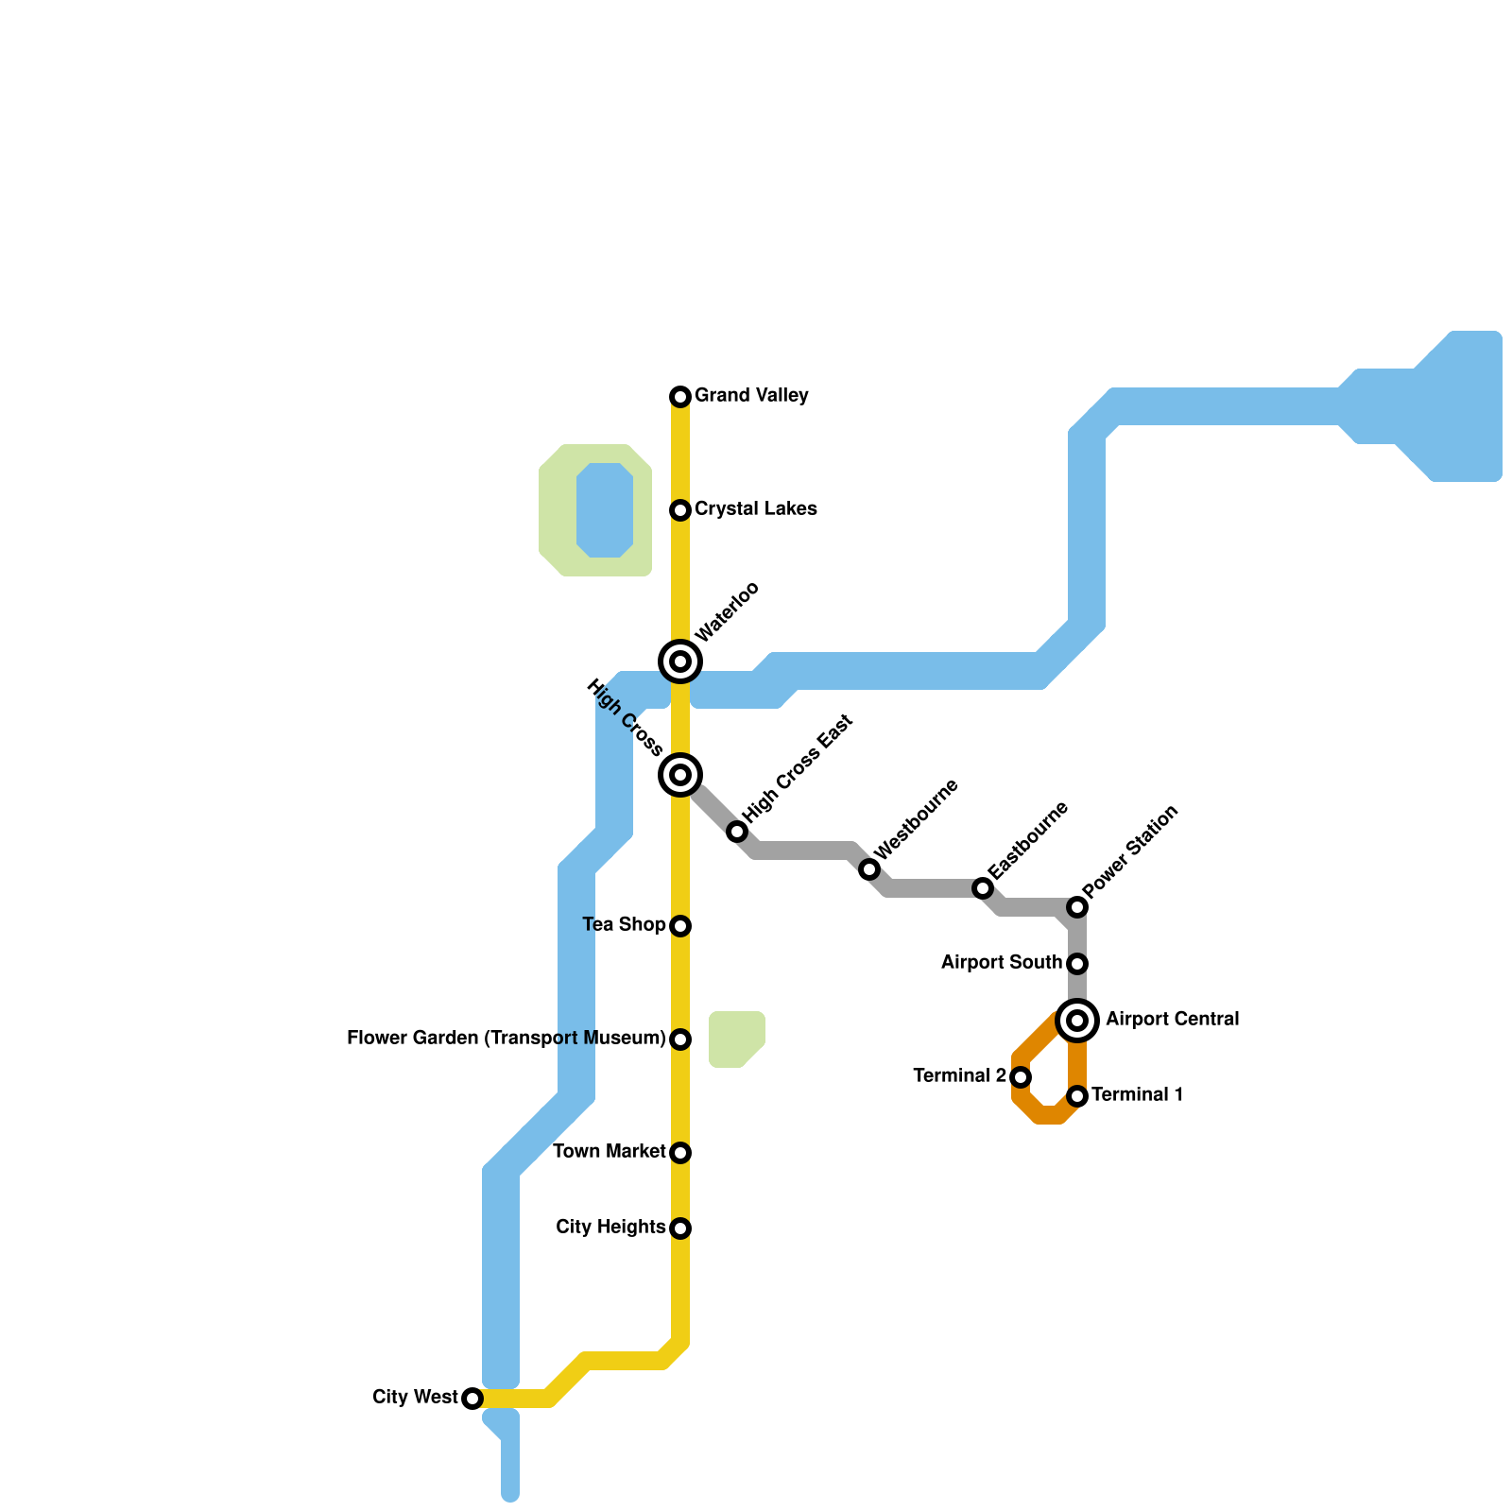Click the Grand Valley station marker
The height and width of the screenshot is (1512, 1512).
(680, 396)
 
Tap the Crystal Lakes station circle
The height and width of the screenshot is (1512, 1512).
(680, 510)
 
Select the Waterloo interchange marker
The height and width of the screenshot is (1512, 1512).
(680, 661)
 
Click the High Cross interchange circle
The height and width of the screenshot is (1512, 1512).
(680, 775)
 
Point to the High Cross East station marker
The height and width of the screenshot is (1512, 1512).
(737, 832)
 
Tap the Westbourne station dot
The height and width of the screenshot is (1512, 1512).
(869, 869)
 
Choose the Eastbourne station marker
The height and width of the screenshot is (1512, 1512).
(983, 888)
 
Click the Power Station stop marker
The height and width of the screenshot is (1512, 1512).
(1077, 907)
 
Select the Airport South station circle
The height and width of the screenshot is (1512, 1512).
(1077, 964)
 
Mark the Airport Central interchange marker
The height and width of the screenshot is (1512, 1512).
(1077, 1021)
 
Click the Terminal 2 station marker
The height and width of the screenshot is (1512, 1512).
(1021, 1077)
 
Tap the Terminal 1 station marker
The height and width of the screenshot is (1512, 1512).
(1077, 1096)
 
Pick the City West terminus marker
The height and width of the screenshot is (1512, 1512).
(472, 1399)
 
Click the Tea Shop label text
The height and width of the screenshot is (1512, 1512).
(624, 924)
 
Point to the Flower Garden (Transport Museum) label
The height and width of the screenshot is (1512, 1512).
(506, 1039)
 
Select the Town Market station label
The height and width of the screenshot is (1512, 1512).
(609, 1151)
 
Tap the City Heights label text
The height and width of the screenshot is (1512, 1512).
(610, 1227)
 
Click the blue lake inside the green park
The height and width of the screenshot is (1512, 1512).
(605, 510)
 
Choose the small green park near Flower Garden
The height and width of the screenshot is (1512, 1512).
(735, 1039)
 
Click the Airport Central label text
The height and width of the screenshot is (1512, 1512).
(1172, 1020)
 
